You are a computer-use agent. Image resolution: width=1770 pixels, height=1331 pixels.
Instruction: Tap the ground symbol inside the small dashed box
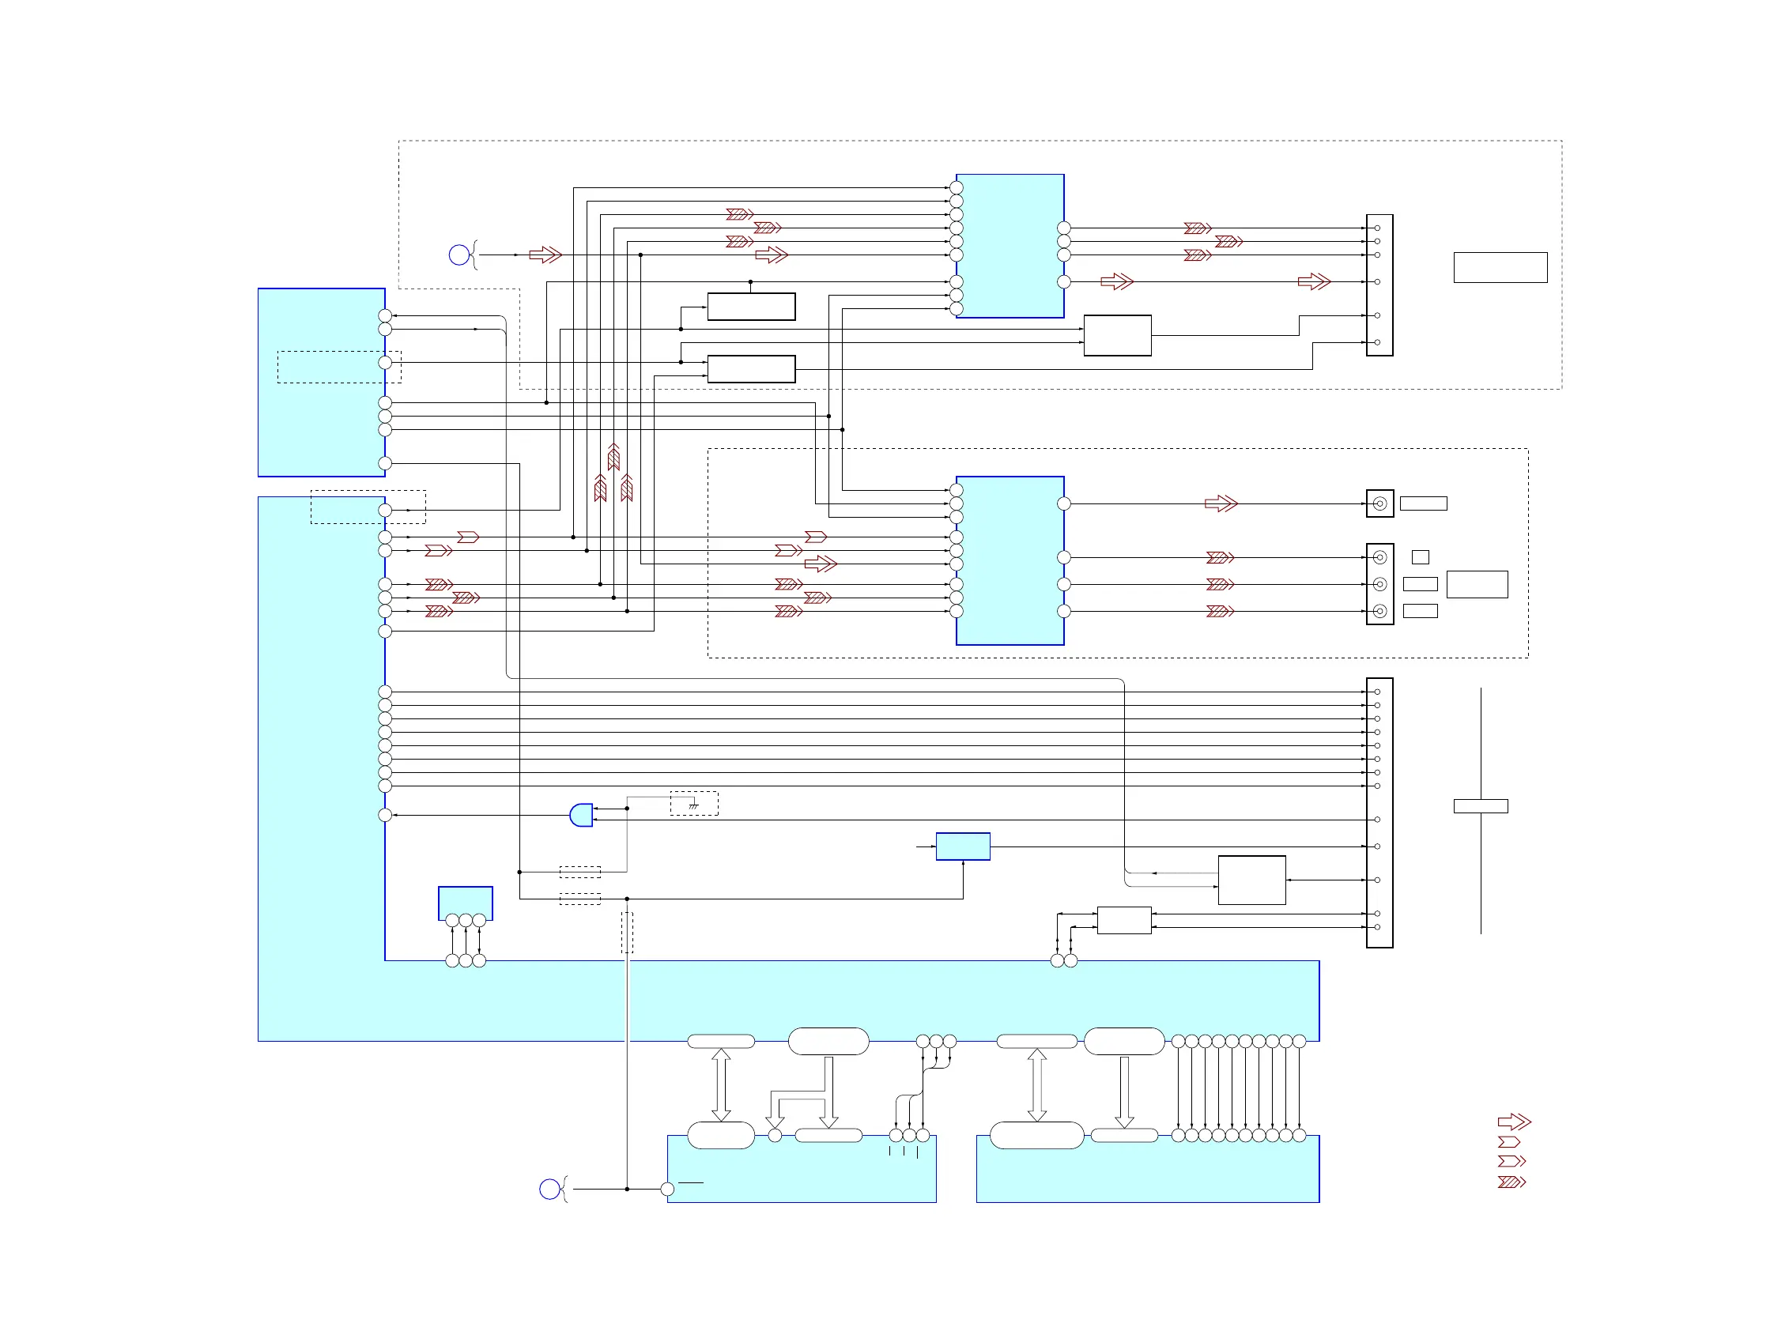694,805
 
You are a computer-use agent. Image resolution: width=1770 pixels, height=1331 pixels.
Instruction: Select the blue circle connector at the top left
459,255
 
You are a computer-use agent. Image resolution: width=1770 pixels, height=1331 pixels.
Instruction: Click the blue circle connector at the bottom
549,1190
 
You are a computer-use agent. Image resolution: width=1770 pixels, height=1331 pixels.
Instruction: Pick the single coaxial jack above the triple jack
1379,504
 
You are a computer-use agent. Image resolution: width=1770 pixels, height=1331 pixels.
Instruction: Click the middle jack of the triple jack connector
1379,584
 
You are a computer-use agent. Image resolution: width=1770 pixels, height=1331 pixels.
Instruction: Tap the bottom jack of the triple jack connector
1379,611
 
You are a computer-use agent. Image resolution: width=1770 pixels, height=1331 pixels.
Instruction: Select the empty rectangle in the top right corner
1500,267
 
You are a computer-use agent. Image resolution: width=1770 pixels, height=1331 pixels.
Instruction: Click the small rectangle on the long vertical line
1481,806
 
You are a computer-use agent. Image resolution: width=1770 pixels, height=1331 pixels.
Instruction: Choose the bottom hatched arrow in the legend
1511,1182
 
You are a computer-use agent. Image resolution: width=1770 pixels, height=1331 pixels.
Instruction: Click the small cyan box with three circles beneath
465,903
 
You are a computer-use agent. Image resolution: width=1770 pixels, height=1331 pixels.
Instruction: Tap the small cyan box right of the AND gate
963,846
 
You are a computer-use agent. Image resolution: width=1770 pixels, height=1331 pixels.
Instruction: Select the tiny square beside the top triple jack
1421,556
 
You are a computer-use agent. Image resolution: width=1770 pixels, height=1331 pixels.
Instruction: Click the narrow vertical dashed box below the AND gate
628,933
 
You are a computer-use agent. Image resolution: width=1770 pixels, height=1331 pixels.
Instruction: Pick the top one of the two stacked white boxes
750,307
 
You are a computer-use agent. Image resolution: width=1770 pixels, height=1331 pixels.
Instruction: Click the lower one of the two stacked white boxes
750,369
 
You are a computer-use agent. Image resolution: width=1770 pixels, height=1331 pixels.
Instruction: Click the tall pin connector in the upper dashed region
1379,285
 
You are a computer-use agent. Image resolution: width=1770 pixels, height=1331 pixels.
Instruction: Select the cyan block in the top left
321,383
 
